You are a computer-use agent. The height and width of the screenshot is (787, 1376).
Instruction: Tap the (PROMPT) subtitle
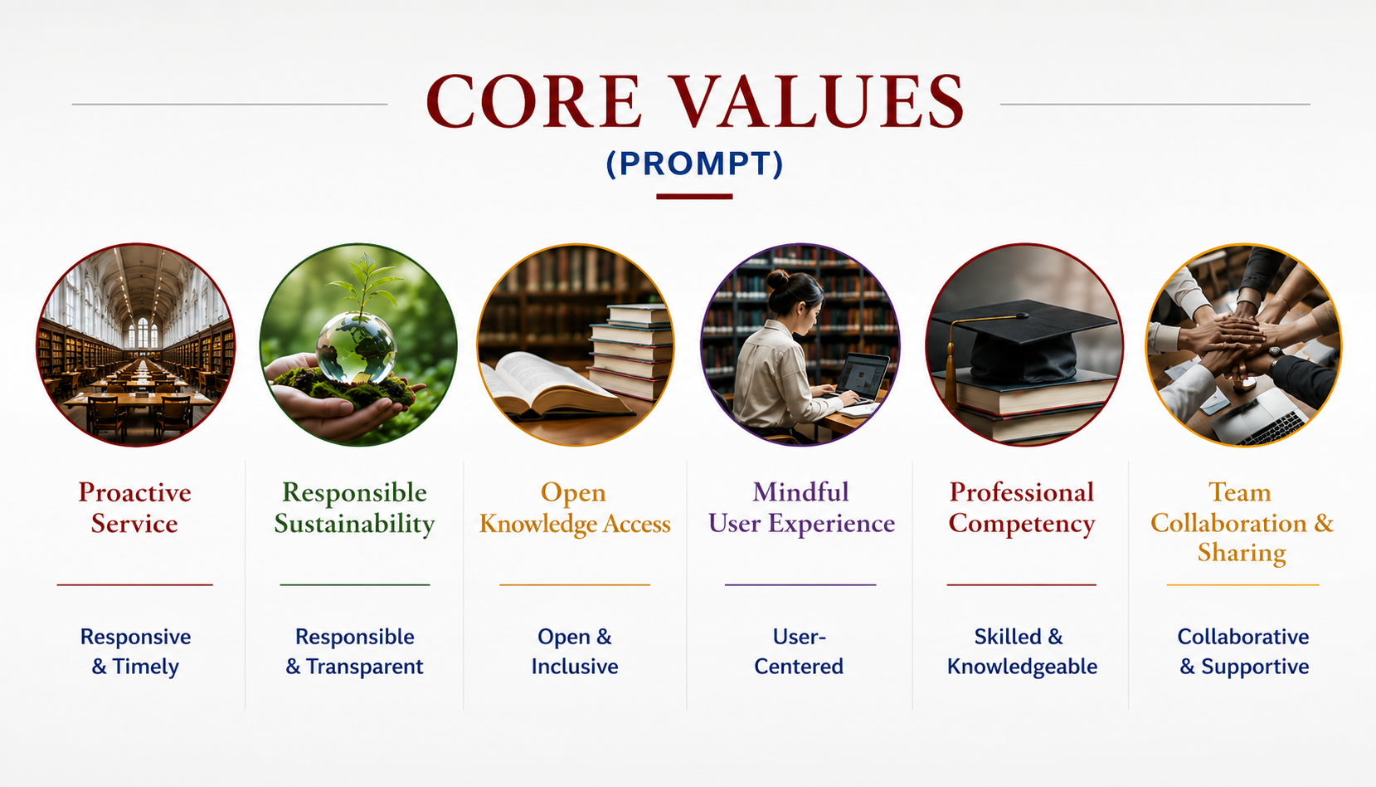coord(695,164)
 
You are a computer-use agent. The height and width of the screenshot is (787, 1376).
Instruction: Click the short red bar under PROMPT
coord(694,197)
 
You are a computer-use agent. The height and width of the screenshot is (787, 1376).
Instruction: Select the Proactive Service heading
coord(134,508)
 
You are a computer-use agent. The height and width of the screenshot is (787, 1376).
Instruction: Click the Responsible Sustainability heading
coord(354,508)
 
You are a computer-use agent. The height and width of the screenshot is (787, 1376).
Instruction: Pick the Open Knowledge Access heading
coord(575,508)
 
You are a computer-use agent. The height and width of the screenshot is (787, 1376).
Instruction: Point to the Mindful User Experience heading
coord(801,508)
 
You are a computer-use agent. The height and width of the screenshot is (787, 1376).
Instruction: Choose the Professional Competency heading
coord(1022,508)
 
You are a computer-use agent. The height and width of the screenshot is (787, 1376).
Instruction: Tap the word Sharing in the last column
coord(1242,552)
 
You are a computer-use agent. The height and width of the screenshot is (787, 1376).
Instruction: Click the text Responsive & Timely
coord(135,651)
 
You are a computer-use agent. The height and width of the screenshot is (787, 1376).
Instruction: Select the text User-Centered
coord(800,651)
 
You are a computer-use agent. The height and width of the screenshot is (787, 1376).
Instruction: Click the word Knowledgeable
coord(1022,667)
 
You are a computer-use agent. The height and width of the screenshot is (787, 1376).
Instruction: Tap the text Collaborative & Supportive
coord(1243,651)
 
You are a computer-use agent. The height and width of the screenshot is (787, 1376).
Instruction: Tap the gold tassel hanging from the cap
coord(951,369)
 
